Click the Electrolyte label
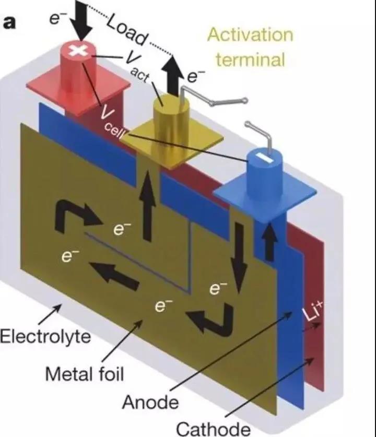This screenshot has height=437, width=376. [45, 336]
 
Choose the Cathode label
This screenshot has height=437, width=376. [213, 428]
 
